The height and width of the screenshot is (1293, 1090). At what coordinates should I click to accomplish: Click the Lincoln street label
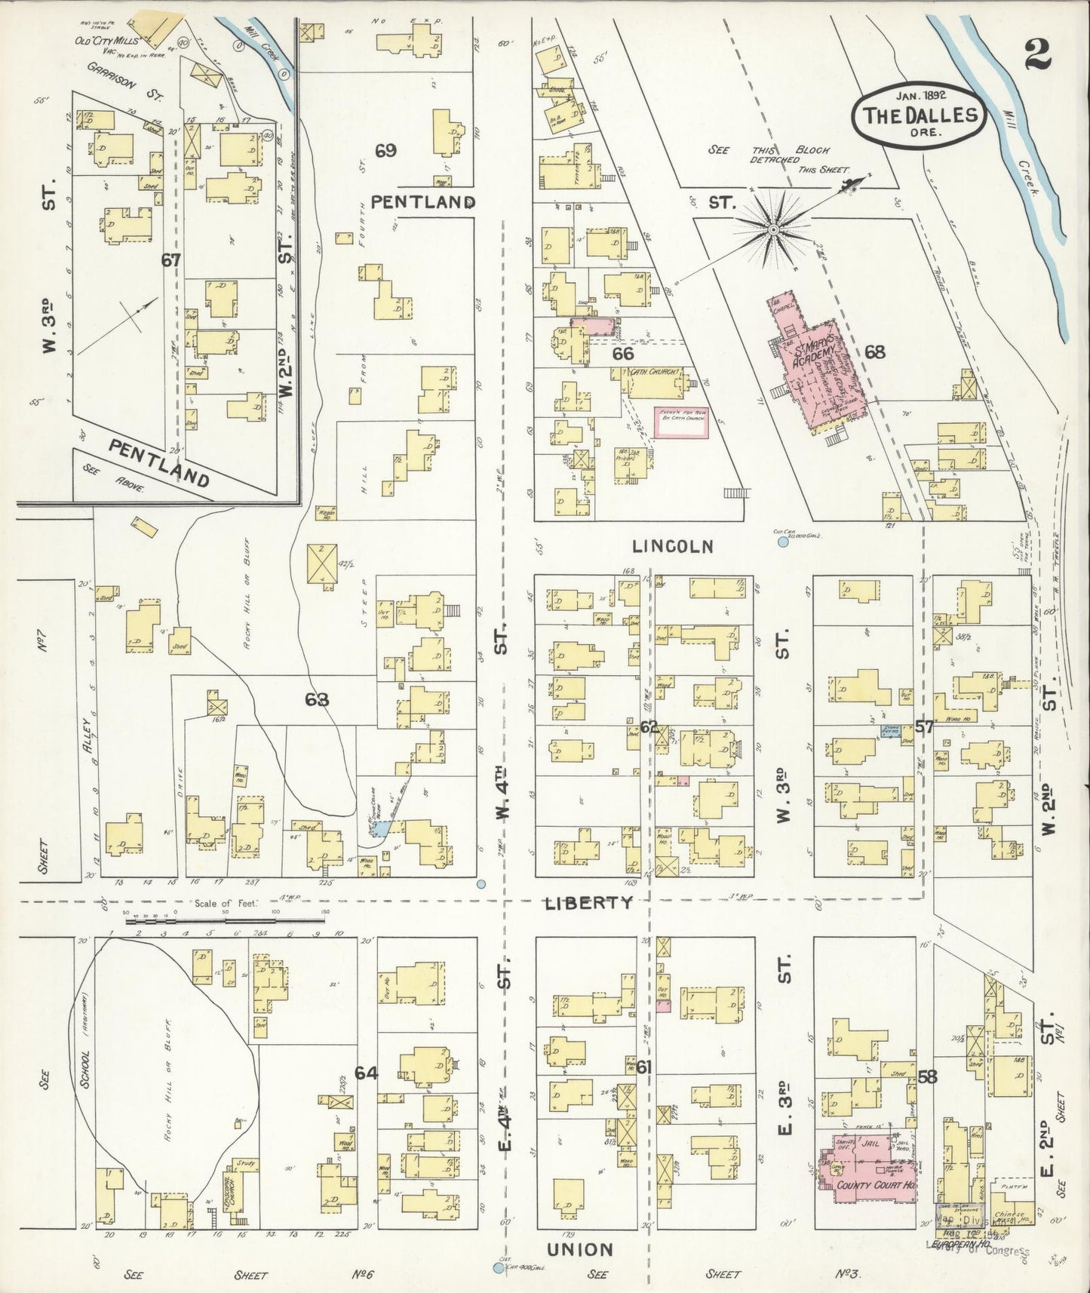[x=672, y=547]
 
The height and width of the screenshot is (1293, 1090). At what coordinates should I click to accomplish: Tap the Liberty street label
[x=589, y=902]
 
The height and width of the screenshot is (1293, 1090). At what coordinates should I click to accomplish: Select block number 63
[x=317, y=699]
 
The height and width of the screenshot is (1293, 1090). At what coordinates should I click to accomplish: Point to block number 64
[x=366, y=1073]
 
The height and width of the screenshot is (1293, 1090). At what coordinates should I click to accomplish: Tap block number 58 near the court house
[x=927, y=1076]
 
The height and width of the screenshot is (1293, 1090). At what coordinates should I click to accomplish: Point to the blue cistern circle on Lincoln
[x=782, y=542]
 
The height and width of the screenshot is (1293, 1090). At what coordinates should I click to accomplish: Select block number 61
[x=643, y=1066]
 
